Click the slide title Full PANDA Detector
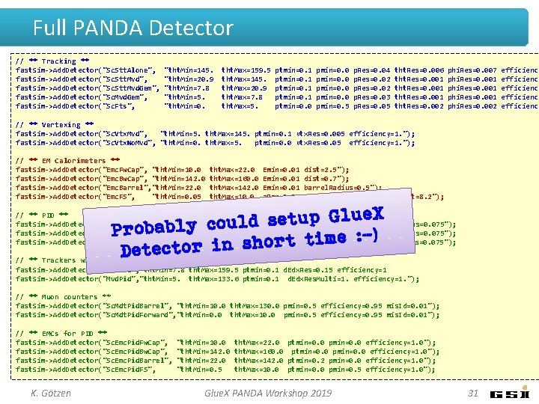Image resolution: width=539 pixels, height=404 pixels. (133, 28)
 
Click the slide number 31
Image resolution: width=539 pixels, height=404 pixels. (472, 393)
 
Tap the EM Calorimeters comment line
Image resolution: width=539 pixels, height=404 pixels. (67, 161)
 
